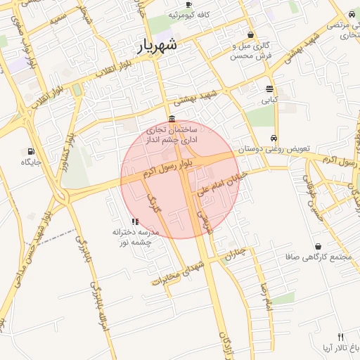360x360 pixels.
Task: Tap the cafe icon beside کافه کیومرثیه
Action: (188, 5)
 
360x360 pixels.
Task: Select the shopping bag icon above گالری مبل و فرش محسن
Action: (251, 35)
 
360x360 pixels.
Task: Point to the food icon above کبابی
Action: (270, 89)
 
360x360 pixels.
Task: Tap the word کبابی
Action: (270, 100)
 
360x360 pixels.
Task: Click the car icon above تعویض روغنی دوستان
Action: (274, 139)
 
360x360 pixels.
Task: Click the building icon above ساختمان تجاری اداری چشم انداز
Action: (172, 119)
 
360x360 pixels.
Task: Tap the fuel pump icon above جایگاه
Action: (31, 150)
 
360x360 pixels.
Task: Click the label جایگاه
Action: (32, 162)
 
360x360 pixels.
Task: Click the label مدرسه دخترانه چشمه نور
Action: (136, 237)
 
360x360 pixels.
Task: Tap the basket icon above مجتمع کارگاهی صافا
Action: (319, 246)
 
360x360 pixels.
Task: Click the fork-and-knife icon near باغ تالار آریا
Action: (341, 337)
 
